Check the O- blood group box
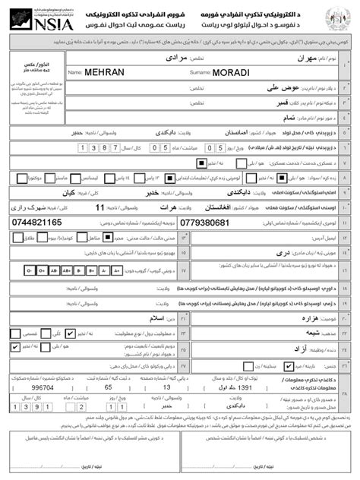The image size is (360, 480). (x=30, y=270)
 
